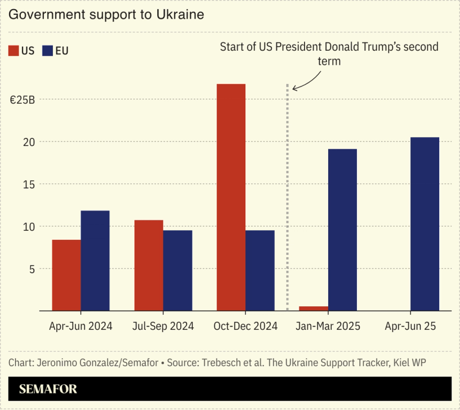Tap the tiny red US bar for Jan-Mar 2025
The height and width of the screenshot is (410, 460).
[x=313, y=309]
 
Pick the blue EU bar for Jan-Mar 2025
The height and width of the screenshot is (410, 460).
[x=342, y=230]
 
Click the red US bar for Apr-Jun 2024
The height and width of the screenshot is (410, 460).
[x=66, y=275]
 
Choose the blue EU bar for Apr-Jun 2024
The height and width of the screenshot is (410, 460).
[x=95, y=261]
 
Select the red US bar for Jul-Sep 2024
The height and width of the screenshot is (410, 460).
[x=149, y=265]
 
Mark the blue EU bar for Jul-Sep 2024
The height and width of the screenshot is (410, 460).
[x=177, y=270]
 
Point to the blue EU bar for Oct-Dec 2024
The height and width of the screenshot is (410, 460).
[x=260, y=270]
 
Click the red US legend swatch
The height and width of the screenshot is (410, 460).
[x=14, y=51]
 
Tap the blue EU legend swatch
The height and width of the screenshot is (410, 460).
[x=48, y=51]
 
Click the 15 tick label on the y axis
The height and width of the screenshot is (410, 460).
[x=29, y=184]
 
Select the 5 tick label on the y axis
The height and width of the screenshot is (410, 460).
[x=32, y=269]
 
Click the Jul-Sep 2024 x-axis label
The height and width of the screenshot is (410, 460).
[x=163, y=326]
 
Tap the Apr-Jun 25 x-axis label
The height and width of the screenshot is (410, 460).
[x=410, y=326]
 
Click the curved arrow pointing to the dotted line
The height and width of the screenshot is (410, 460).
[x=305, y=81]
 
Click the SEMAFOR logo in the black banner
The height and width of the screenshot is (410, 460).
[x=48, y=389]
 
